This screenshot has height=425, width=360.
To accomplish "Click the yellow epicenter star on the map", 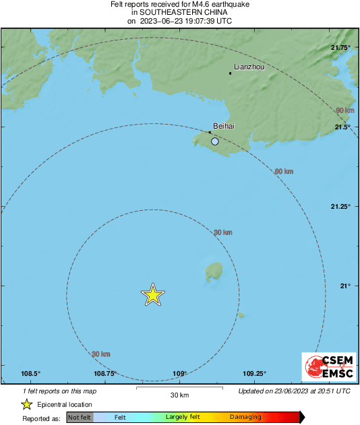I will (153, 294).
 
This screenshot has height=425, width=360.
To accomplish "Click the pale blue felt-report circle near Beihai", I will (215, 141).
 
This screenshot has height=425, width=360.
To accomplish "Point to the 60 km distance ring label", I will (284, 172).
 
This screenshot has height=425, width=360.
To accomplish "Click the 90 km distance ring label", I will (344, 110).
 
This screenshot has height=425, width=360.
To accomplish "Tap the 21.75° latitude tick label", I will (340, 47).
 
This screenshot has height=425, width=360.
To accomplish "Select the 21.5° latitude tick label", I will (343, 127).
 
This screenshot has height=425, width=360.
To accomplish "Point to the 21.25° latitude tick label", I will (340, 206).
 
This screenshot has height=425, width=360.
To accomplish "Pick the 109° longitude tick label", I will (179, 374).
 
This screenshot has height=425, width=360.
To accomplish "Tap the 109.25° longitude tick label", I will (254, 374).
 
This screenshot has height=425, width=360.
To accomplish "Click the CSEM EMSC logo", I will (326, 368).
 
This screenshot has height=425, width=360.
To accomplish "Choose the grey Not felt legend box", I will (80, 418).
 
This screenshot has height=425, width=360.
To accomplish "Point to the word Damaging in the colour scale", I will (245, 418).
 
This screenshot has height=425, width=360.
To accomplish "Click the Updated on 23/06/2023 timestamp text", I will (295, 391).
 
